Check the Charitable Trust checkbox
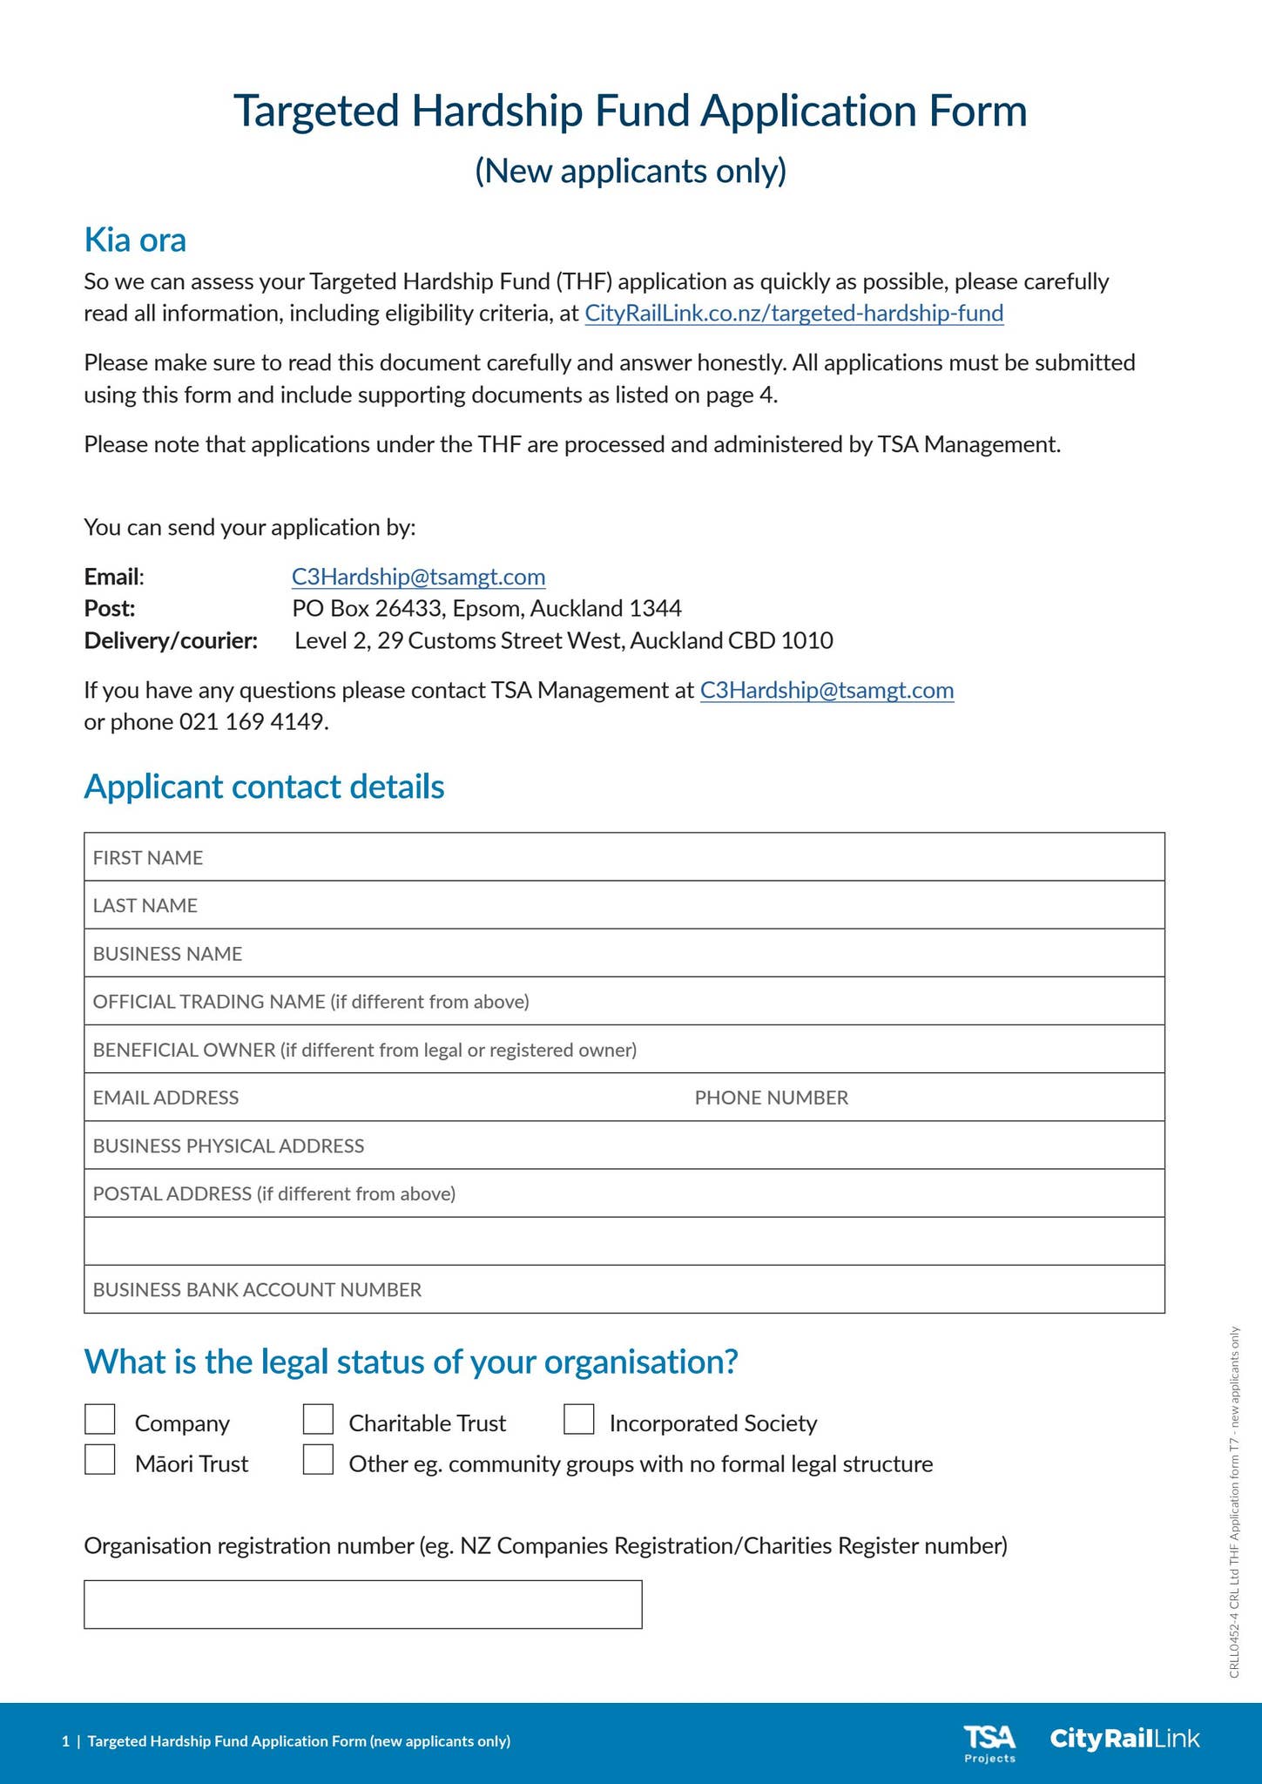pyautogui.click(x=318, y=1419)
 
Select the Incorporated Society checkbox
pyautogui.click(x=578, y=1419)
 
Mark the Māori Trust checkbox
pyautogui.click(x=100, y=1460)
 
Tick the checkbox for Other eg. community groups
pyautogui.click(x=318, y=1460)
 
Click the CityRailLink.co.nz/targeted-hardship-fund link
pyautogui.click(x=793, y=314)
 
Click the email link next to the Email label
pyautogui.click(x=418, y=577)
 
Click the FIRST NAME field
pyautogui.click(x=624, y=857)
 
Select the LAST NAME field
pyautogui.click(x=624, y=905)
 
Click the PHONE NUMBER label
pyautogui.click(x=771, y=1098)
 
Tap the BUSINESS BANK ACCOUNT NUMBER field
pyautogui.click(x=624, y=1289)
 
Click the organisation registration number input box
pyautogui.click(x=362, y=1605)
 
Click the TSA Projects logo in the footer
pyautogui.click(x=989, y=1743)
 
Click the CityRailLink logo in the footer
pyautogui.click(x=1124, y=1739)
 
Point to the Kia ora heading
pyautogui.click(x=135, y=240)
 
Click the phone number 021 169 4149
pyautogui.click(x=253, y=722)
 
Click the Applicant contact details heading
pyautogui.click(x=264, y=787)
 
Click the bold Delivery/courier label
pyautogui.click(x=171, y=641)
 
